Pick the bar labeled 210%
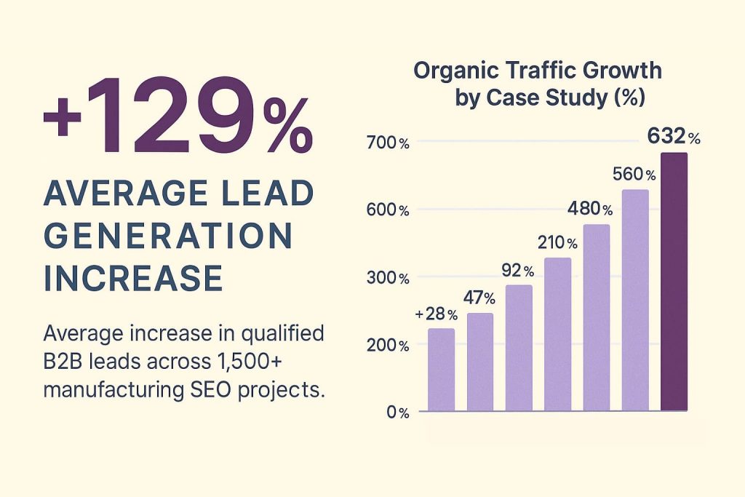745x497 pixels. pyautogui.click(x=557, y=335)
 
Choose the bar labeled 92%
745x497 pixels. pyautogui.click(x=519, y=349)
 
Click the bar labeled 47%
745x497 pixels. pyautogui.click(x=480, y=362)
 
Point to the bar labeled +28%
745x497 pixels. pyautogui.click(x=441, y=370)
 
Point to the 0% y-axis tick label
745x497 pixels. pyautogui.click(x=398, y=413)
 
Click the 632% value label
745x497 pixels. pyautogui.click(x=674, y=136)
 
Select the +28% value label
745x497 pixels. pyautogui.click(x=436, y=314)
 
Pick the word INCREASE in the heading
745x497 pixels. pyautogui.click(x=133, y=279)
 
